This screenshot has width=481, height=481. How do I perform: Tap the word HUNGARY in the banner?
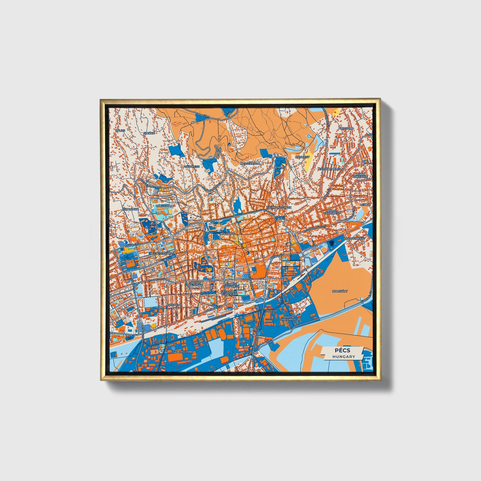[x=343, y=357]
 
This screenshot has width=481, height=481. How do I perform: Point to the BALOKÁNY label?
[x=340, y=291]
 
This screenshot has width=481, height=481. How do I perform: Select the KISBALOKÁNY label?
[x=356, y=239]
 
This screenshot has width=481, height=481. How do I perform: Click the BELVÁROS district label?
[x=227, y=234]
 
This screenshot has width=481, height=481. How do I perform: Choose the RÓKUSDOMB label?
[x=165, y=206]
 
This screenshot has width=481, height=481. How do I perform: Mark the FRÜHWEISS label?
[x=191, y=166]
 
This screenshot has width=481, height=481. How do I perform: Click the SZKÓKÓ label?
[x=149, y=133]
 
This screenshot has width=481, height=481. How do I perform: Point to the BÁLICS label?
[x=120, y=130]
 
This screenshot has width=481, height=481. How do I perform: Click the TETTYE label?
[x=278, y=168]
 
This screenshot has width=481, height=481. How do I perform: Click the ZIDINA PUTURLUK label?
[x=279, y=207]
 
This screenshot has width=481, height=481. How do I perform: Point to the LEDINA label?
[x=365, y=205]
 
